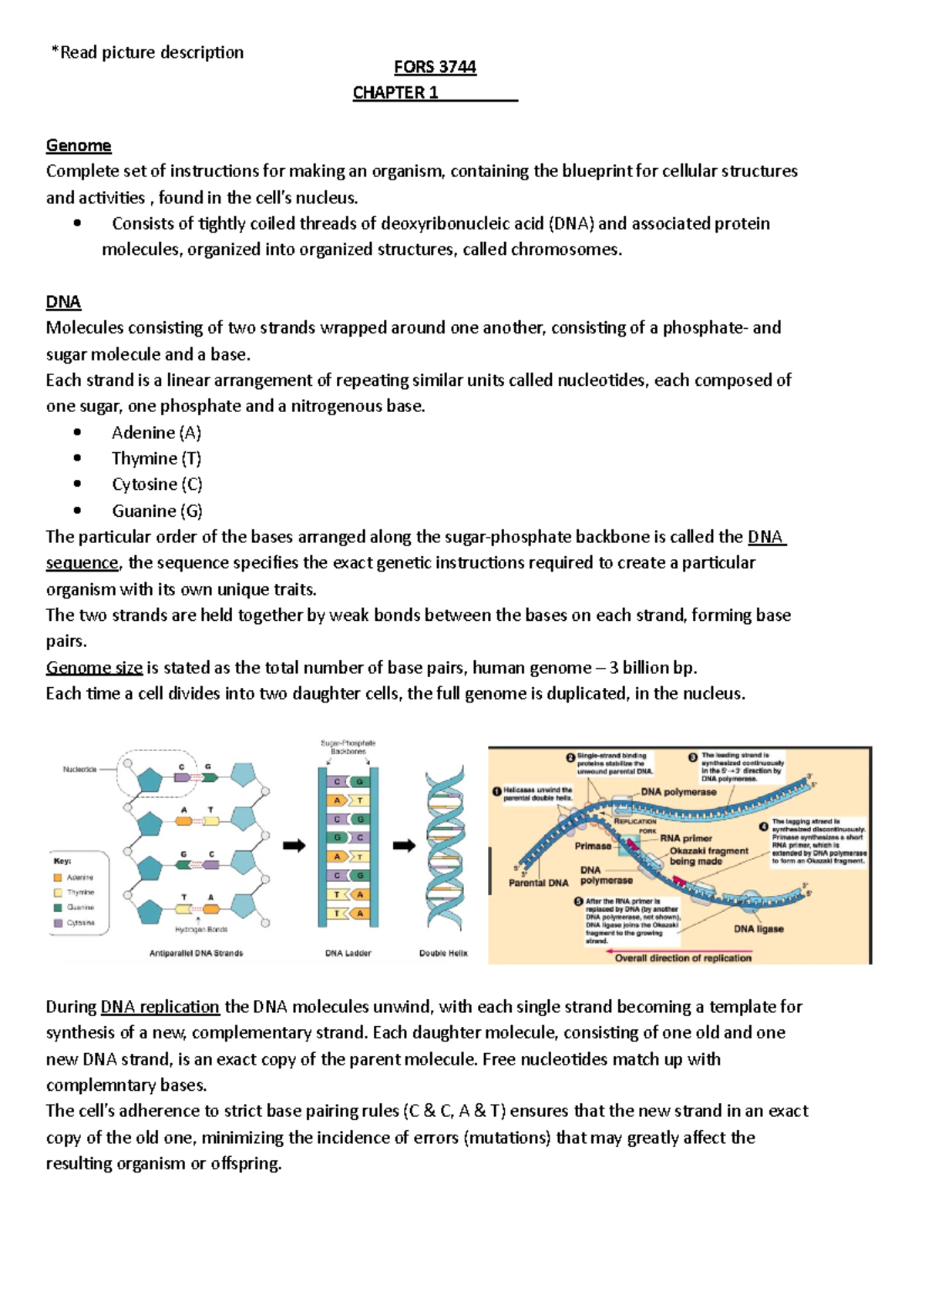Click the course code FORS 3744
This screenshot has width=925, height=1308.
coord(435,67)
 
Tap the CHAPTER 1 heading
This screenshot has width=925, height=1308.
coord(395,93)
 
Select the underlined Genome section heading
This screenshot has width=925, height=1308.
coord(79,146)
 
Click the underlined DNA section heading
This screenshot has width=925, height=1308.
coord(63,302)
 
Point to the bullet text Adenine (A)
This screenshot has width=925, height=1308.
coord(156,432)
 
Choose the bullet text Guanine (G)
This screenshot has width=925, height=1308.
coord(157,511)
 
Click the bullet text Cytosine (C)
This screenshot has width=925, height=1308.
coord(157,485)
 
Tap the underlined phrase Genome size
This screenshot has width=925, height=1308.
coord(94,667)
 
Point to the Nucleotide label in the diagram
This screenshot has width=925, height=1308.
coord(80,769)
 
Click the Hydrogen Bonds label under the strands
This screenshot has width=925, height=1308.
coord(201,930)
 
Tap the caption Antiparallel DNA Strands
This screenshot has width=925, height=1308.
coord(196,953)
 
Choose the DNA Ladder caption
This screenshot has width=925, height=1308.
coord(348,953)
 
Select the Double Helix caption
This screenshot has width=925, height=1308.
coord(443,953)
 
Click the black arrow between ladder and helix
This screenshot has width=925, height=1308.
coord(404,846)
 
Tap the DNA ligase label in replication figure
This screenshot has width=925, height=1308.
coord(758,929)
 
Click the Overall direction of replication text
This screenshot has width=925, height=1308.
coord(683,958)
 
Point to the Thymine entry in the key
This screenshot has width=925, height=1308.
coord(80,892)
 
